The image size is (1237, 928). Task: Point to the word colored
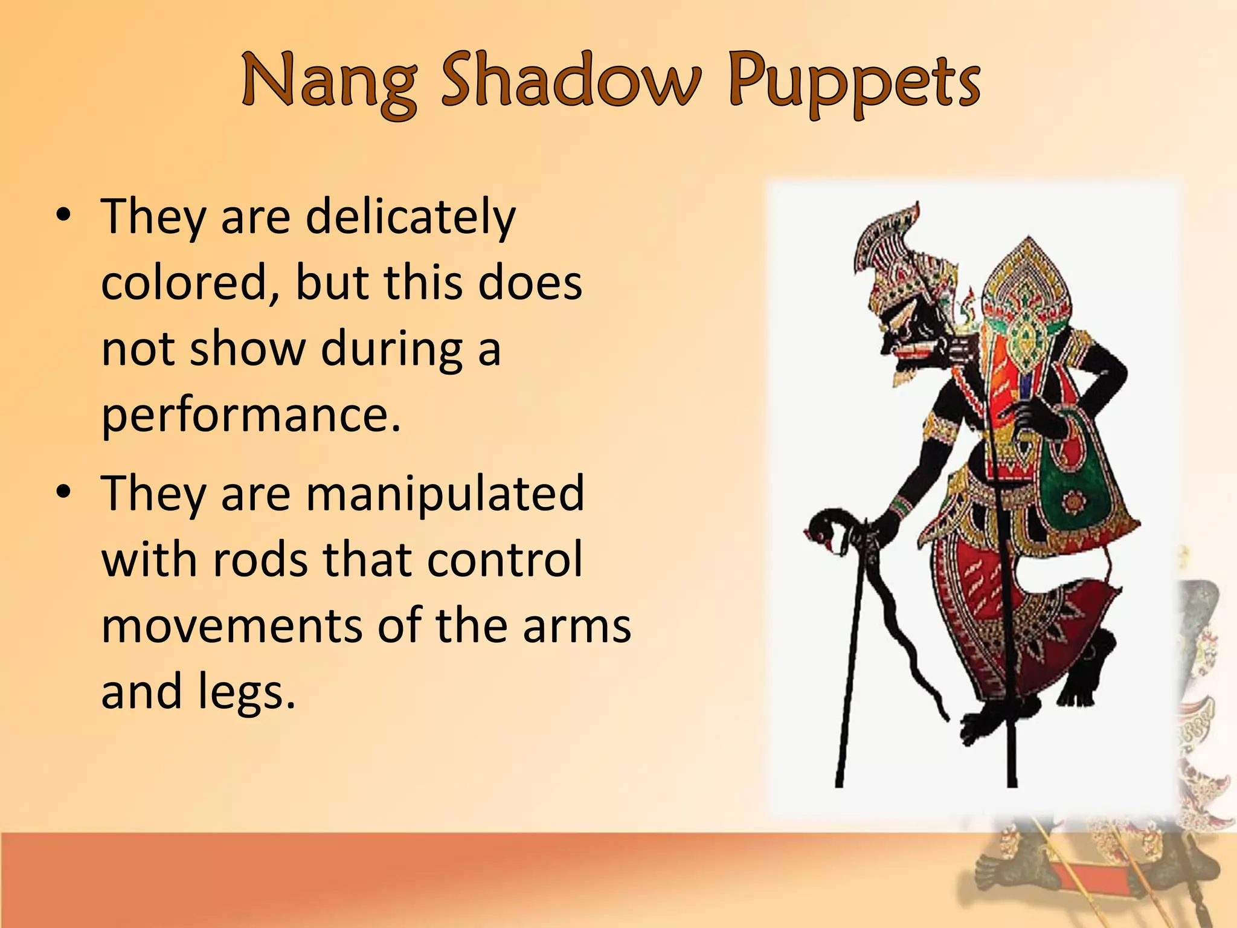pos(184,282)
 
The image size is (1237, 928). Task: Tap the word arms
pos(577,625)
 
